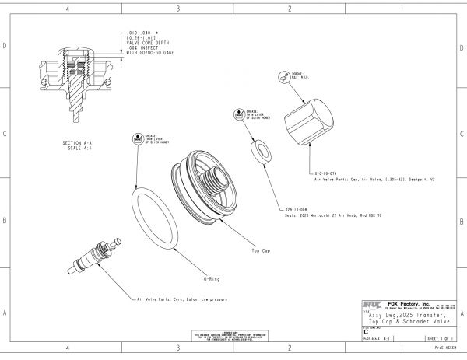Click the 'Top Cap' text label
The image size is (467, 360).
point(260,252)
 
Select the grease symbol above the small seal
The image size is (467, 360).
point(239,113)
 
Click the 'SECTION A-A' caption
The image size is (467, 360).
point(82,144)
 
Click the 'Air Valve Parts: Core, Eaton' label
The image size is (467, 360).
point(174,299)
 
